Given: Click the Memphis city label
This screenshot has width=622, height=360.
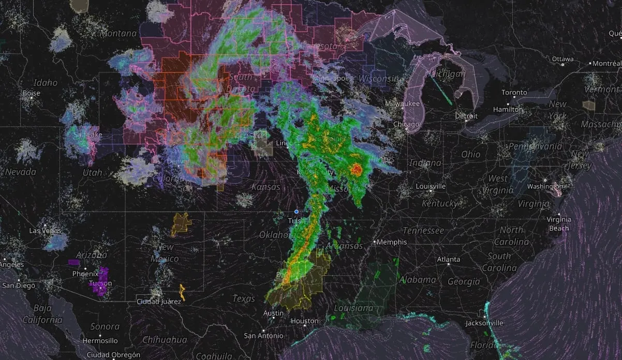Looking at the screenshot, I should click(x=392, y=242).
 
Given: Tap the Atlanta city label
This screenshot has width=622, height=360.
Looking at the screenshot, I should click(x=448, y=259).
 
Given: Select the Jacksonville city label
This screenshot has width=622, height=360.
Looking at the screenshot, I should click(x=484, y=323).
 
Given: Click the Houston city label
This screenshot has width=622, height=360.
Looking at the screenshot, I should click(x=305, y=321).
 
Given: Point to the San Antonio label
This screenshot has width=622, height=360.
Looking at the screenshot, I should click(x=264, y=336).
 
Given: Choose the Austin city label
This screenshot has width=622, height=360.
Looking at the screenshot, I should click(x=273, y=313).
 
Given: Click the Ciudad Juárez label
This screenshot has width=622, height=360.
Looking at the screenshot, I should click(x=159, y=301).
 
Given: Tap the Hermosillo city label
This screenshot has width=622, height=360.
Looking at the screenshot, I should click(x=101, y=341).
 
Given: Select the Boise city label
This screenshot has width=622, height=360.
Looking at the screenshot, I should click(x=31, y=93).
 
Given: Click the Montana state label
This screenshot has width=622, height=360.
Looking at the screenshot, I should click(x=119, y=34).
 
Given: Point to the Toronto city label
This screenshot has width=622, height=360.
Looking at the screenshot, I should click(x=514, y=93).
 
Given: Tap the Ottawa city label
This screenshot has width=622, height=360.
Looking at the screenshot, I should click(x=562, y=58).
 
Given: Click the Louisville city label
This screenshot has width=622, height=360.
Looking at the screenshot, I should click(x=431, y=186).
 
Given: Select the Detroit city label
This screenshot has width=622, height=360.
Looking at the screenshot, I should click(x=466, y=116).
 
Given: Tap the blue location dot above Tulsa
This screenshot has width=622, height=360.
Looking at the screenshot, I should click(x=297, y=212).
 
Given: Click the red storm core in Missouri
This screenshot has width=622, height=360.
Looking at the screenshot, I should click(x=356, y=169).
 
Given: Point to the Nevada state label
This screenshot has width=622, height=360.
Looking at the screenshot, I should click(x=21, y=172).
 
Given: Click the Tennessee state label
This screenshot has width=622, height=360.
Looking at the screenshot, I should click(x=424, y=230).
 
